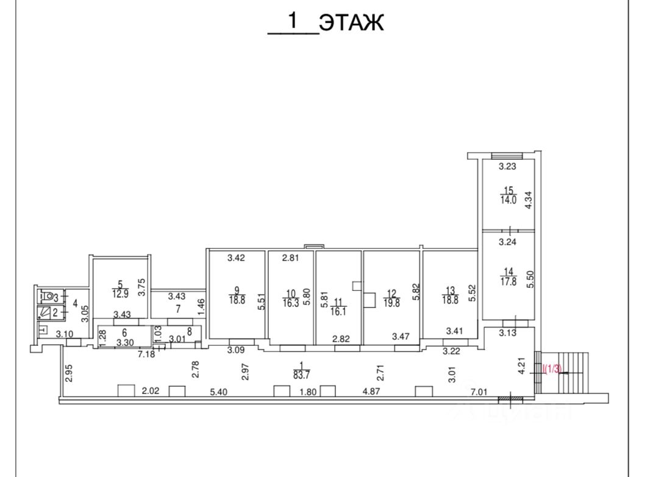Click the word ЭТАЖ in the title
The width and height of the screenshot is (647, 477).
[x=352, y=23]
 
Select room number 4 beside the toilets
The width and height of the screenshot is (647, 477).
[x=75, y=303]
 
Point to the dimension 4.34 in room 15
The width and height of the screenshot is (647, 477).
[x=529, y=201]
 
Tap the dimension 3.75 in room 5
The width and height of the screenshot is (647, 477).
[x=142, y=287]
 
